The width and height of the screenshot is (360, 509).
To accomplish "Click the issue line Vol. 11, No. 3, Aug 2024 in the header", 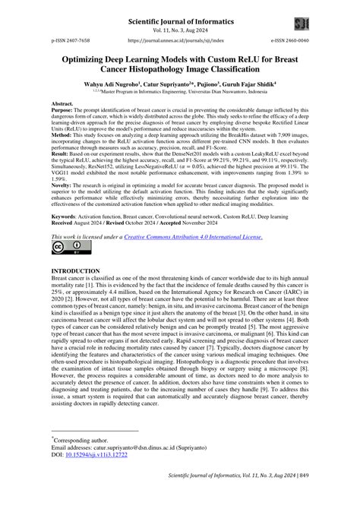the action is click(180, 22).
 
